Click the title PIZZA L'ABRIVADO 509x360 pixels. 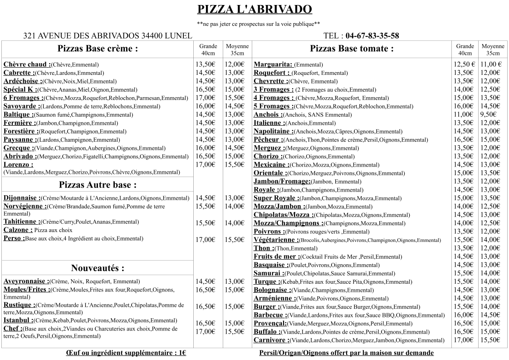(x=254, y=10)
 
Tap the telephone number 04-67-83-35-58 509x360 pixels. (x=372, y=36)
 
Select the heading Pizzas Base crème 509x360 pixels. (x=98, y=49)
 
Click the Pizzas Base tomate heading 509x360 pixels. (x=352, y=49)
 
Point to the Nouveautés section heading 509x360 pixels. (x=98, y=268)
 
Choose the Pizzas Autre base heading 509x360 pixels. (x=98, y=185)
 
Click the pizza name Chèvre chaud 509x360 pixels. (x=26, y=64)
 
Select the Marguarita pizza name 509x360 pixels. (x=273, y=64)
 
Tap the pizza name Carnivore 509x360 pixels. (x=271, y=340)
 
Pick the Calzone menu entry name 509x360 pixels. (x=17, y=230)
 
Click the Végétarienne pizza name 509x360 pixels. (x=276, y=240)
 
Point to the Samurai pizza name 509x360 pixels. (x=268, y=273)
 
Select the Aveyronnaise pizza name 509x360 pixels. (x=25, y=281)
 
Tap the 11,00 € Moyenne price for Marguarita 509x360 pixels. (x=491, y=64)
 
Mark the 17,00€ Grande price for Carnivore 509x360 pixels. (x=464, y=340)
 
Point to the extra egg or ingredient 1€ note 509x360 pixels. (x=126, y=353)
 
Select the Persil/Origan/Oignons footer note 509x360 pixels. (x=346, y=353)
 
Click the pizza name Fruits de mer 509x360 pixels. (x=276, y=256)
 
